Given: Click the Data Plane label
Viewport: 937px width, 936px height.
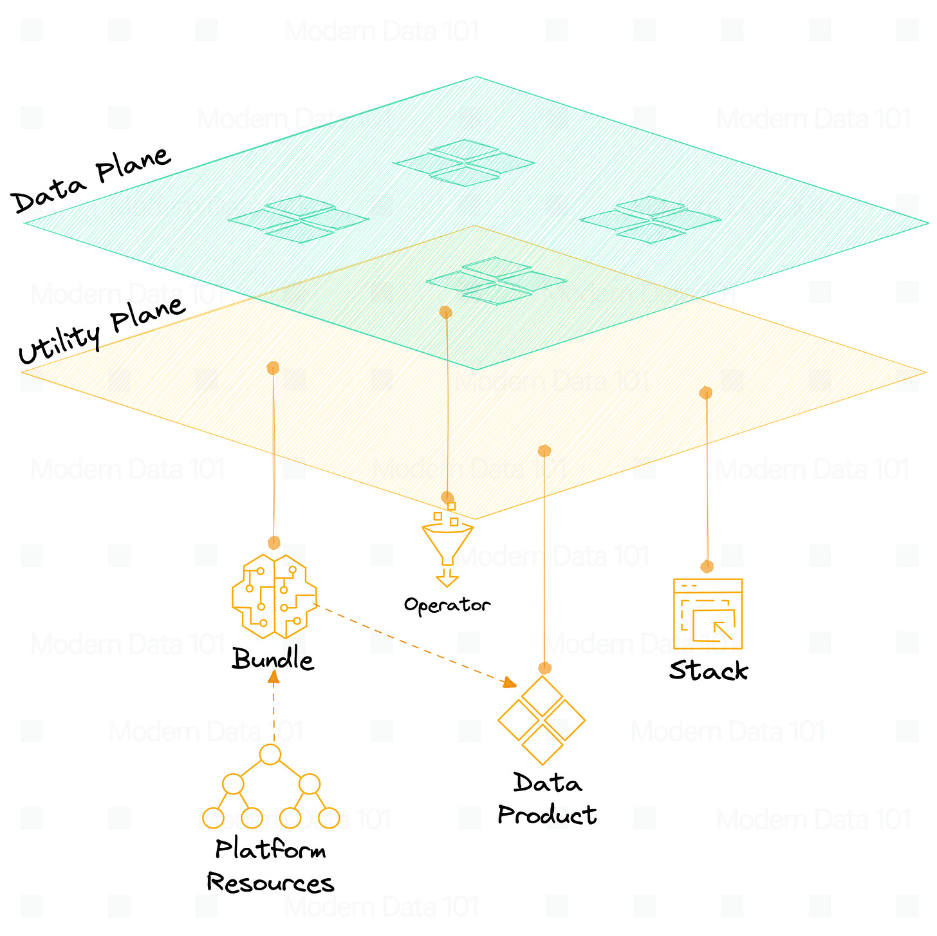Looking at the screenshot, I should pyautogui.click(x=92, y=180).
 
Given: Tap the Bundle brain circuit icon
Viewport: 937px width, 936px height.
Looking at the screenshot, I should pyautogui.click(x=274, y=595).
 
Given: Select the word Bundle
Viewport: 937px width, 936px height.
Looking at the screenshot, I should pyautogui.click(x=273, y=660).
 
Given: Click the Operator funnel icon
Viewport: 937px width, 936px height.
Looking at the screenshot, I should pyautogui.click(x=447, y=544).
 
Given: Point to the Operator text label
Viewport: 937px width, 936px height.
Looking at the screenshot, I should pyautogui.click(x=447, y=605).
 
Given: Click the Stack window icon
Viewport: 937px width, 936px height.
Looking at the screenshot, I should pyautogui.click(x=707, y=613).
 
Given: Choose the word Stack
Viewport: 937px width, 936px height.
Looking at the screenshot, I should pyautogui.click(x=709, y=671).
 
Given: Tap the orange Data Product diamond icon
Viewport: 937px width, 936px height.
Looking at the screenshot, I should pyautogui.click(x=542, y=720).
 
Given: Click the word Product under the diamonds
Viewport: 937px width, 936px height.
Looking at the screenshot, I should pyautogui.click(x=547, y=816).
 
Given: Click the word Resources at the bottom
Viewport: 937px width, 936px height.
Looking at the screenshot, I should pyautogui.click(x=270, y=883).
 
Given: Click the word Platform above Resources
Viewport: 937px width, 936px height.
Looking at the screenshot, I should pyautogui.click(x=270, y=850).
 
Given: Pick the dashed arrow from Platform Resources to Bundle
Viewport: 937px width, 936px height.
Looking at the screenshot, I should pyautogui.click(x=274, y=708).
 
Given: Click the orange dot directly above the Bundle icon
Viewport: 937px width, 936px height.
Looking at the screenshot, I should pyautogui.click(x=274, y=543).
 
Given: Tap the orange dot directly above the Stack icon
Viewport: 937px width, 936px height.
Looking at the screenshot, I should pyautogui.click(x=707, y=566).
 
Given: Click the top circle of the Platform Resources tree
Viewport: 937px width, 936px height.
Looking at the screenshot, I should pyautogui.click(x=270, y=754).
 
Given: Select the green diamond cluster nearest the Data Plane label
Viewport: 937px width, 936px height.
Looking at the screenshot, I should pyautogui.click(x=299, y=219).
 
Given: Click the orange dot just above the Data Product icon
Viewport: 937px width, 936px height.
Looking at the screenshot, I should pyautogui.click(x=545, y=668).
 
